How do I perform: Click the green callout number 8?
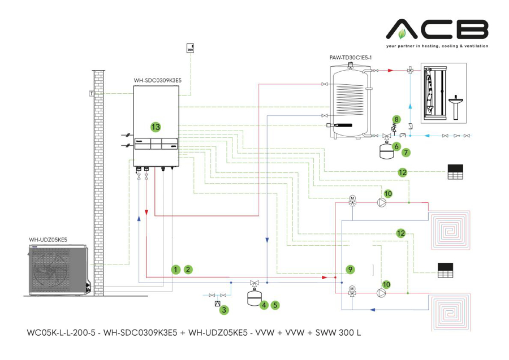pos(396,119)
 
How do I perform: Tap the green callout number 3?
pos(224,310)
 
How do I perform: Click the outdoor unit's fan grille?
pos(55,271)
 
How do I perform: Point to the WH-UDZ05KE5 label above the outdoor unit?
pos(48,240)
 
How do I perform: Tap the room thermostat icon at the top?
pos(191,48)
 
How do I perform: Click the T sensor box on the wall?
pos(91,93)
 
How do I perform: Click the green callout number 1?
pos(176,270)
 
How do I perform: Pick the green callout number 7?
pos(407,152)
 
